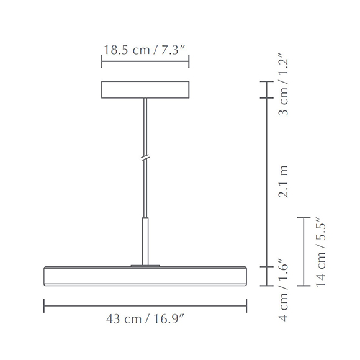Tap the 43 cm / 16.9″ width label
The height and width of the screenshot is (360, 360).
coord(145,320)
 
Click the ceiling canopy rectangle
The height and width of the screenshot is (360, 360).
coord(145,89)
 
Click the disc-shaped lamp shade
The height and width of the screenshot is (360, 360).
coord(145,276)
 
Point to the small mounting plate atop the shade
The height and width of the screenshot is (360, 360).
coord(145,266)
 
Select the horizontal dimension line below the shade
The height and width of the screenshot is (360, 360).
coord(145,305)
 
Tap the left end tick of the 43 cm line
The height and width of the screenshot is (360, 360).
coord(44,305)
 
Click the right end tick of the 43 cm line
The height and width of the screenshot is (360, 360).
coord(247,305)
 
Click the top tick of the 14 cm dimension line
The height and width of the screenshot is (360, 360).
coord(303,217)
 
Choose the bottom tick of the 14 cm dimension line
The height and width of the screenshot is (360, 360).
coord(303,286)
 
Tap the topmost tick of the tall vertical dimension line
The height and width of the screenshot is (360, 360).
coord(266,81)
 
